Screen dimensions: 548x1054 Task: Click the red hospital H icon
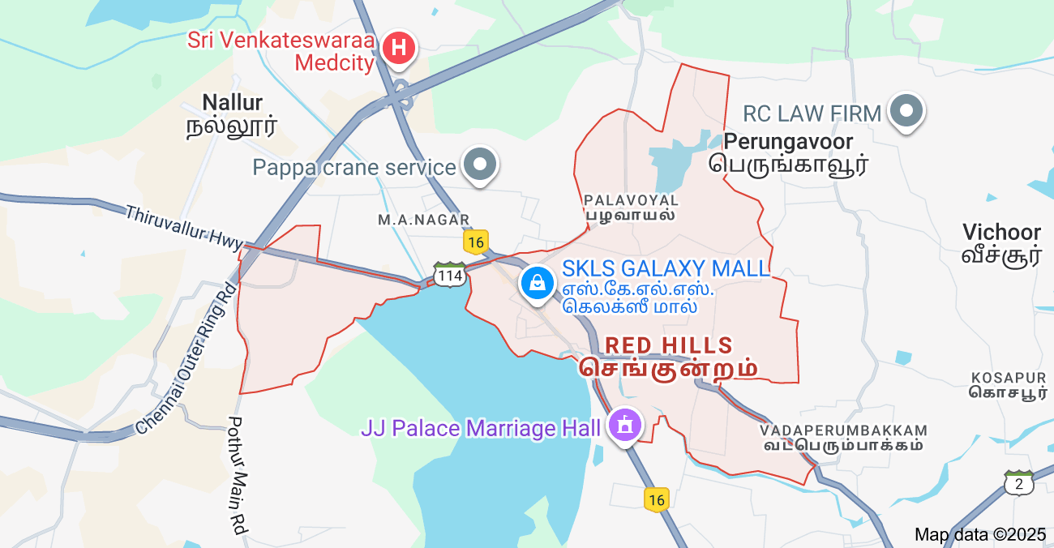click(399, 48)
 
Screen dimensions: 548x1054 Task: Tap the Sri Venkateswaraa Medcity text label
click(281, 51)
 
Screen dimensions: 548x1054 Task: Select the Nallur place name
click(232, 113)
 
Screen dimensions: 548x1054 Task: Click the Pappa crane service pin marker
click(481, 165)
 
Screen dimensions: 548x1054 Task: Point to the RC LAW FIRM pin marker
click(906, 111)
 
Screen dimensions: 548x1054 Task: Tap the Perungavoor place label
click(788, 152)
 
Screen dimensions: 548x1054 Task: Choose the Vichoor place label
click(1001, 243)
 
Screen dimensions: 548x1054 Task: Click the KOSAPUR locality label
click(1009, 385)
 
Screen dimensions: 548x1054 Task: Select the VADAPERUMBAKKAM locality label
click(843, 437)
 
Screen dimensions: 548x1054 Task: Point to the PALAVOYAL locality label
click(631, 207)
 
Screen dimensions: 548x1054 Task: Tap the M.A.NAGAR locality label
click(424, 220)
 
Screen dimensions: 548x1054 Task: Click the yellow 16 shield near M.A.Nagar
click(476, 242)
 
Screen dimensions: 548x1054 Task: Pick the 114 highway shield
click(449, 274)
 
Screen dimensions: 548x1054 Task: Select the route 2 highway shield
click(1018, 484)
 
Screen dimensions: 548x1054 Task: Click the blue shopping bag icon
click(537, 283)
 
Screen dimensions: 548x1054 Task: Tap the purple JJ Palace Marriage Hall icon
click(624, 425)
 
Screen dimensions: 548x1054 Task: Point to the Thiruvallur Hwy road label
click(183, 227)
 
